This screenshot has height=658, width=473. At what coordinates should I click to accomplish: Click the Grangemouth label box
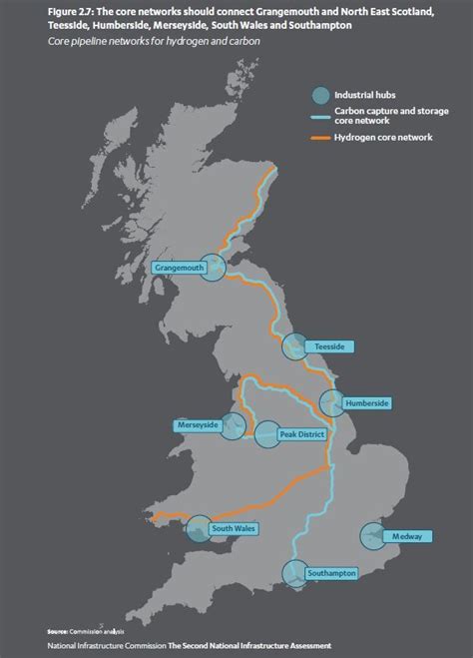coord(182,269)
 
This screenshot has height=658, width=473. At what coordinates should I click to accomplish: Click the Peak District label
coord(299,434)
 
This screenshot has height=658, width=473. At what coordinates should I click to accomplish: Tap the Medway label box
coord(413,536)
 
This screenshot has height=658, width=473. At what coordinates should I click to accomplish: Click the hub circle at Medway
coord(373,535)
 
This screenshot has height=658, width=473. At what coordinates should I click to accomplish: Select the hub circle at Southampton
coord(294,573)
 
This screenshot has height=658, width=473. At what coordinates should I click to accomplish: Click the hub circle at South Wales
coord(199,527)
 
